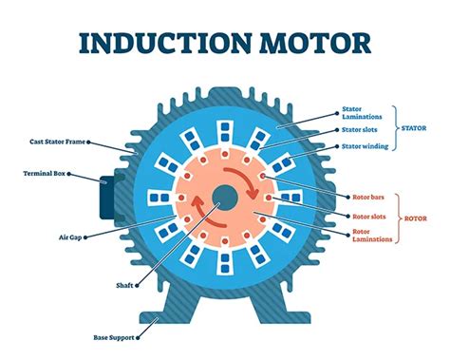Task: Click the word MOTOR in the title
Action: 311,45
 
